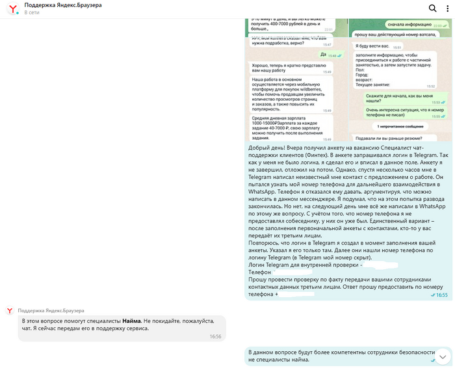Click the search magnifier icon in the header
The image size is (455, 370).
pos(432,8)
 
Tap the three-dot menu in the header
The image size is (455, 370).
pos(447,8)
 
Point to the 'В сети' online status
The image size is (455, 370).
pos(31,12)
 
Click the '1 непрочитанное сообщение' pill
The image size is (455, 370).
pos(398,126)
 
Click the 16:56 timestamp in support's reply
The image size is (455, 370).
pos(215,337)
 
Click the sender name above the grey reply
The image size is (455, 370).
pos(51,310)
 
